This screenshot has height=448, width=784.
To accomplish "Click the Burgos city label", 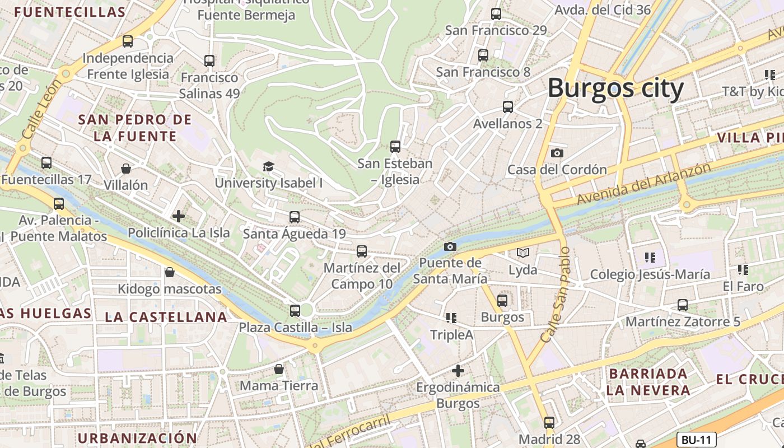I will pos(615,88).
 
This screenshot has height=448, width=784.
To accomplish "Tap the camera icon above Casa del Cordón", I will pos(557,153).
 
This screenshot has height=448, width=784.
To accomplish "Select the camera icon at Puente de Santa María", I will pos(450,246).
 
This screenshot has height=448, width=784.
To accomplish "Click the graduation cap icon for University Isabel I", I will pos(269,166).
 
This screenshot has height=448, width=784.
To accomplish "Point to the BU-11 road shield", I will pos(697,440).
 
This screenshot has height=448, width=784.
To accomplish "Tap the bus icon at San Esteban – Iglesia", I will pos(395,147).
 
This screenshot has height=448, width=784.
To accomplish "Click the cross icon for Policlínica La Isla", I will pos(179,216).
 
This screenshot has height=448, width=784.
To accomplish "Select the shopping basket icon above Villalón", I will pos(126,169).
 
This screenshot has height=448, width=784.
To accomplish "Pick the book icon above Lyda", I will pos(522,253).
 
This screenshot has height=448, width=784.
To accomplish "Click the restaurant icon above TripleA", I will pos(451,318).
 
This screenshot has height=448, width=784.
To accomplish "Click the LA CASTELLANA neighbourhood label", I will pos(166,317).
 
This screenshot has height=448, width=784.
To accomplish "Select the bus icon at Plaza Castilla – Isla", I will pos(295,310).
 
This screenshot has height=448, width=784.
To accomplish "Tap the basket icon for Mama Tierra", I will pos(279,369).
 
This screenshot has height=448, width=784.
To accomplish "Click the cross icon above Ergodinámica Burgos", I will pos(458,370).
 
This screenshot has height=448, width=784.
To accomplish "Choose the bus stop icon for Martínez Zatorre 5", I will pos(683,305).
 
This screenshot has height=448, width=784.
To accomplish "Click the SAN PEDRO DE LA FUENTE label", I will pos(135,128).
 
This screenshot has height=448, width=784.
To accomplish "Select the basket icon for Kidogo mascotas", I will pos(170,272).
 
